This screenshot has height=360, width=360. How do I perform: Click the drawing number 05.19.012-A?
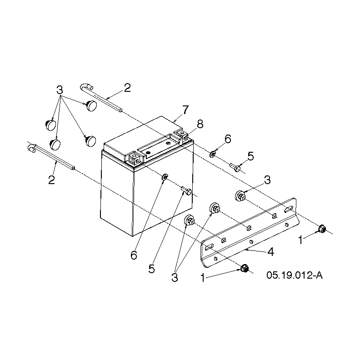295,275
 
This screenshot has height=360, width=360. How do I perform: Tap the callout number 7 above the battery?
185,110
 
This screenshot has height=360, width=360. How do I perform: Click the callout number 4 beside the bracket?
271,252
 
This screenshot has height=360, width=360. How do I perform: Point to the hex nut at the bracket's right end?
322,229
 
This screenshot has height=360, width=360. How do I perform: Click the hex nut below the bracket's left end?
245,268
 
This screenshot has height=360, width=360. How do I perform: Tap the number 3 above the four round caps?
60,90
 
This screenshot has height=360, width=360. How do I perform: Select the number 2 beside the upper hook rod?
127,88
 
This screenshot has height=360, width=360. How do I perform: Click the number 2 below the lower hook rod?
52,180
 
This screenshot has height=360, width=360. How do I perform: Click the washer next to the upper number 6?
212,154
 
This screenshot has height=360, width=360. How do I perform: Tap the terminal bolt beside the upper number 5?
235,167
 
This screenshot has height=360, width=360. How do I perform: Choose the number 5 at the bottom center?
151,269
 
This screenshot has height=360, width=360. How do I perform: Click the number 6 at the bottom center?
134,255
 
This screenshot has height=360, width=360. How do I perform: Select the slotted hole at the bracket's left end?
209,247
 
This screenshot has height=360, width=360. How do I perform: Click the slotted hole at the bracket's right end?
289,209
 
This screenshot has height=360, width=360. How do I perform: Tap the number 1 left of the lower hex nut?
203,278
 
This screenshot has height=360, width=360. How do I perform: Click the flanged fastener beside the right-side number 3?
240,196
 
